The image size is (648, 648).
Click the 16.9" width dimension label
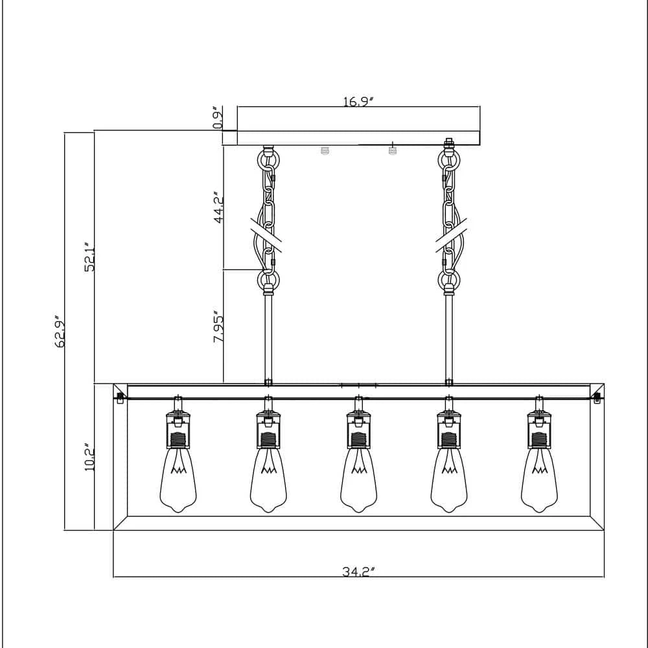[x=358, y=102]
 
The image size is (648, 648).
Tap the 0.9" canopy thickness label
[x=218, y=117]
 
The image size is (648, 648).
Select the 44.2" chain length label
[x=218, y=207]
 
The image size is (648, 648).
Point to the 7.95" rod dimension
[x=218, y=327]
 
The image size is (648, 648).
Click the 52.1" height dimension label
[x=89, y=257]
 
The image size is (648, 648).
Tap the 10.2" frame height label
[x=89, y=458]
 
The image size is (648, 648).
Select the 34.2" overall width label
[x=358, y=572]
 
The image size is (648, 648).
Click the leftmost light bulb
[x=178, y=480]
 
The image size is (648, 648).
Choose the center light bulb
[x=359, y=480]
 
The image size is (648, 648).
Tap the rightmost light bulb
[x=539, y=480]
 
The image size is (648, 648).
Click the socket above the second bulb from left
[x=269, y=430]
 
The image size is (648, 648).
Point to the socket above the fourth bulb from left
[x=449, y=430]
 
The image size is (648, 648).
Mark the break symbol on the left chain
[x=266, y=235]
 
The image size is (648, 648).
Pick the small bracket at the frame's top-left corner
[x=121, y=399]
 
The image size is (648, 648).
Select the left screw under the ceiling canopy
[x=325, y=150]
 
